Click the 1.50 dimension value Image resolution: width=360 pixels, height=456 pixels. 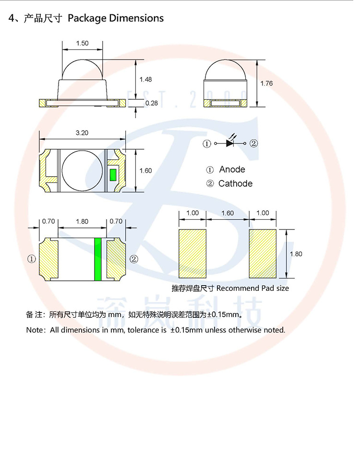click(82, 43)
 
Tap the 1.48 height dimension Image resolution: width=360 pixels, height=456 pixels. click(145, 79)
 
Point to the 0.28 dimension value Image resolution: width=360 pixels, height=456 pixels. click(151, 103)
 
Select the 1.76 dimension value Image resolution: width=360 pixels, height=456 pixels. click(266, 84)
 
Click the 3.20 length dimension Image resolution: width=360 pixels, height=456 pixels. click(82, 132)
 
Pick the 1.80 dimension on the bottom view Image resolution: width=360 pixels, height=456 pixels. click(82, 221)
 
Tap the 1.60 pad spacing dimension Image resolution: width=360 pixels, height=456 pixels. click(228, 213)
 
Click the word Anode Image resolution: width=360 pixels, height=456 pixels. click(232, 169)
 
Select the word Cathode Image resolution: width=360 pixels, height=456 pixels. click(235, 183)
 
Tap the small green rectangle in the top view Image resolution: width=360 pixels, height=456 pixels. click(113, 174)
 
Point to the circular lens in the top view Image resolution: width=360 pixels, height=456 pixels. click(82, 170)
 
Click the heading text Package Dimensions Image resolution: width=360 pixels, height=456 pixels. click(116, 18)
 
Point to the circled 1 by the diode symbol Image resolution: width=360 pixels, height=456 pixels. click(207, 144)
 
